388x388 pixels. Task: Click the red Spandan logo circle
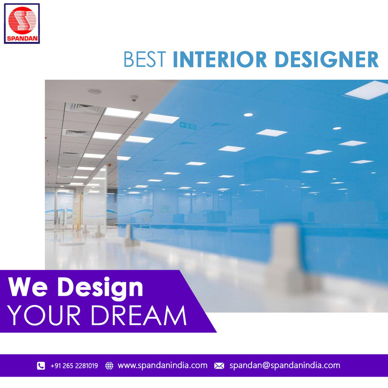click(x=22, y=20)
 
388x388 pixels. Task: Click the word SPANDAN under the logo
click(x=22, y=39)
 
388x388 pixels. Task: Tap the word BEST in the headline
click(x=145, y=59)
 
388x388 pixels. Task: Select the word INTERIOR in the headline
click(x=220, y=59)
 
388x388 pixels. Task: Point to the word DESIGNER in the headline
click(x=327, y=59)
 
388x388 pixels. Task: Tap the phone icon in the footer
click(x=41, y=366)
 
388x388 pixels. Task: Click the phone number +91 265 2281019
click(x=74, y=366)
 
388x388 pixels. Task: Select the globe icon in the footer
click(x=109, y=366)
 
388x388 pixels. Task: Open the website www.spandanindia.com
click(x=163, y=366)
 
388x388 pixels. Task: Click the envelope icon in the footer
click(x=219, y=366)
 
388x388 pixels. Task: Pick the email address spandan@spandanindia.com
click(x=285, y=366)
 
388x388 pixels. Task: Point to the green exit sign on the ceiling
click(x=188, y=126)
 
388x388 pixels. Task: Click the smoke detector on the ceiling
click(x=134, y=98)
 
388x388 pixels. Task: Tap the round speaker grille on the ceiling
click(x=94, y=91)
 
